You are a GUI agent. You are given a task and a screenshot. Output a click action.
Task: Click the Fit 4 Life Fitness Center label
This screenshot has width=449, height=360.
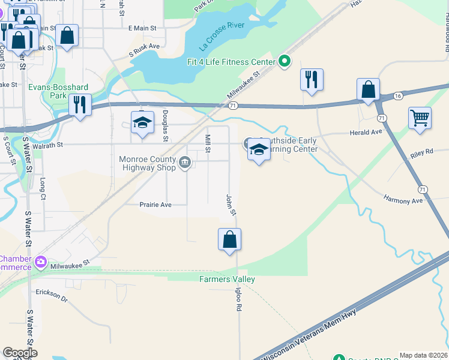(x=231, y=61)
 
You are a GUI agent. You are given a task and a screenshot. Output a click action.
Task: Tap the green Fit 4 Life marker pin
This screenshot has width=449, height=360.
(x=285, y=61)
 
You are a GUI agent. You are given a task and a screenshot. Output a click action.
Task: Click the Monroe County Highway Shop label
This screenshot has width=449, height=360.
(x=147, y=163)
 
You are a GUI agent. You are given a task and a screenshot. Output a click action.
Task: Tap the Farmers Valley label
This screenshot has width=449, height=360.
(x=228, y=279)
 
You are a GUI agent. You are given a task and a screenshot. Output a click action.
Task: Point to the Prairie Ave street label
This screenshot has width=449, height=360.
(x=155, y=205)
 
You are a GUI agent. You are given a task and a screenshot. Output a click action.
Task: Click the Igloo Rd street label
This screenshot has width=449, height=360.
(x=238, y=298)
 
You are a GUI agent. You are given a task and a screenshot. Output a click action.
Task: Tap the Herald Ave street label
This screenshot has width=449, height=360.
(x=367, y=132)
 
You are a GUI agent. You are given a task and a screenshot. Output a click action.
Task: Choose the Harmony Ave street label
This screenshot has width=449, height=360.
(x=403, y=200)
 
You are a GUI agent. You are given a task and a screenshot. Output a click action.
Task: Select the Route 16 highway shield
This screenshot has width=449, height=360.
(x=398, y=96)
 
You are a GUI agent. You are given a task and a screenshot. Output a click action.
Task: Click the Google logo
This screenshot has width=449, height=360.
(x=20, y=353)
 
